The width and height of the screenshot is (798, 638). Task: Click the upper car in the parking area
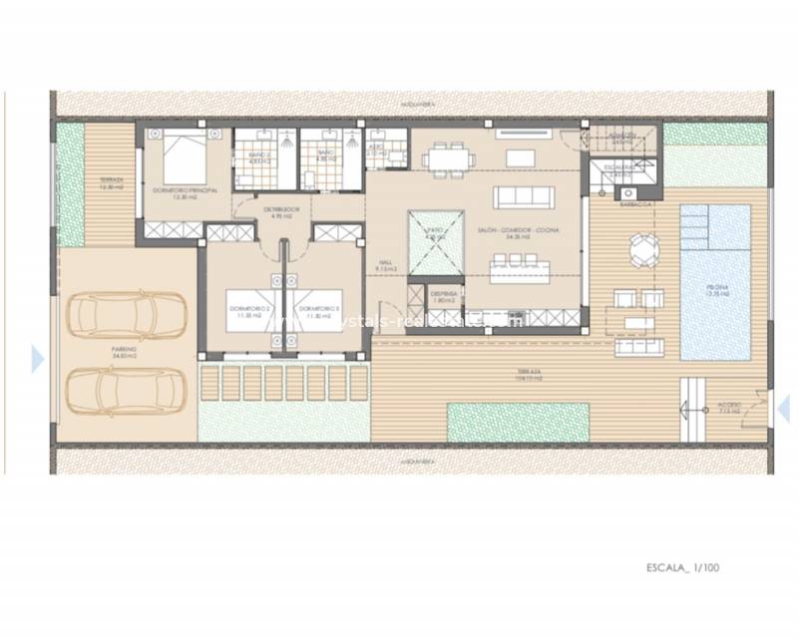tap(126, 316)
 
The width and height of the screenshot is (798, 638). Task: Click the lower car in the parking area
tap(126, 392)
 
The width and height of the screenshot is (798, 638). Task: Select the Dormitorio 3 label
tap(320, 311)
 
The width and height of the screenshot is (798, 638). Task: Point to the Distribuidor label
tap(276, 212)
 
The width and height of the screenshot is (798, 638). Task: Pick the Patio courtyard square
tap(436, 240)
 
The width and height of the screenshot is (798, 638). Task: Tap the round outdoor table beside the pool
tap(638, 244)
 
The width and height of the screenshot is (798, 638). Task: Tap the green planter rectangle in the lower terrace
tap(518, 422)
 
